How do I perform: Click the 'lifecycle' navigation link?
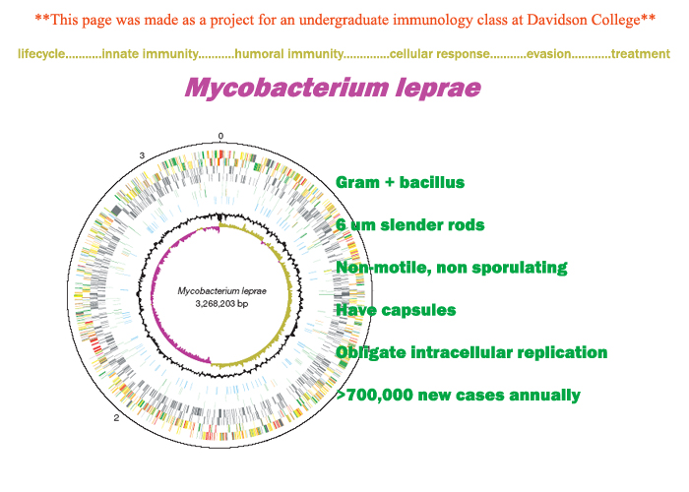tap(40, 53)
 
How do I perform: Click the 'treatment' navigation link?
tap(640, 53)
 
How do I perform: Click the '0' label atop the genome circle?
tap(220, 136)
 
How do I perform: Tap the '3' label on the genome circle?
tap(142, 156)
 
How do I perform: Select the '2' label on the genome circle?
tap(117, 418)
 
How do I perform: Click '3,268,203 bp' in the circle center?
tap(220, 304)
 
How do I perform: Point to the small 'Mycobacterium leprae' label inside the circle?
tap(220, 291)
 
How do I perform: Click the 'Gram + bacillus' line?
tap(400, 183)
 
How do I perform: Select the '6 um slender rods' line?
tap(409, 225)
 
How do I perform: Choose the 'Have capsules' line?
tap(396, 310)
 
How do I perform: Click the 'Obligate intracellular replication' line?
tap(470, 352)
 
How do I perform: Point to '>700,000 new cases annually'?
tap(458, 396)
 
